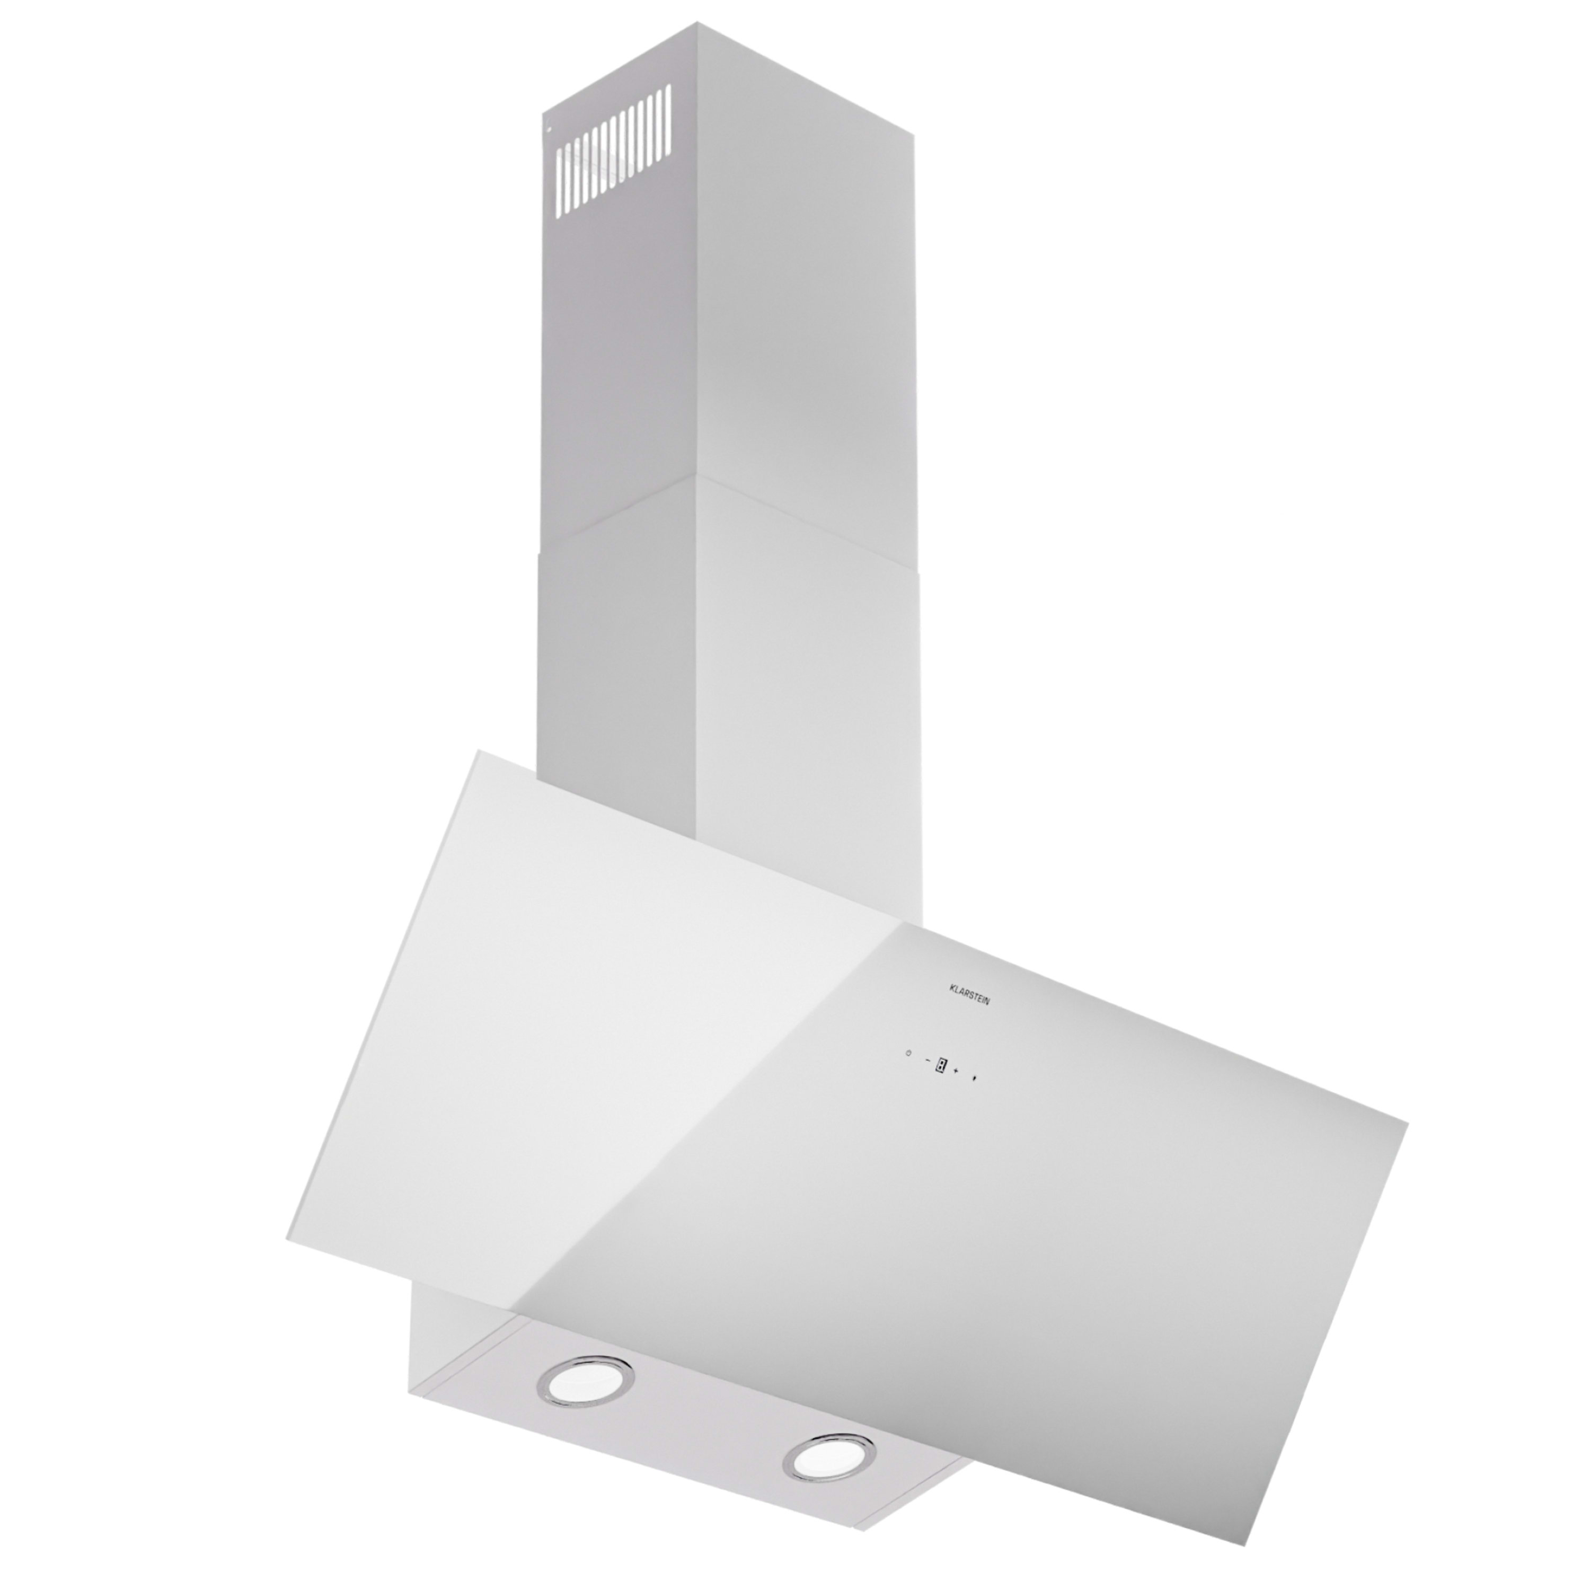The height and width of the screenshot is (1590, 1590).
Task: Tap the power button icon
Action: coord(908,1053)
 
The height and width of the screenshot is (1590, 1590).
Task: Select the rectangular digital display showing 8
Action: coord(942,1066)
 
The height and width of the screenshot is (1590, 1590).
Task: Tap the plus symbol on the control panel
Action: coord(956,1070)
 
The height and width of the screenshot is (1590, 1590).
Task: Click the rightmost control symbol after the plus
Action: coord(975,1077)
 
